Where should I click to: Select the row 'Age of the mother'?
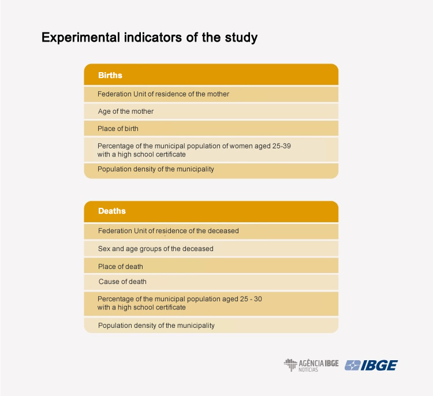coord(211,111)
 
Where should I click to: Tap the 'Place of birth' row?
coord(211,128)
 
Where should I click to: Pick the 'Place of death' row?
coord(211,266)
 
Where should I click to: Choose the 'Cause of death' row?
coord(211,282)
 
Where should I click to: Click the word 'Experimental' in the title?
coord(81,38)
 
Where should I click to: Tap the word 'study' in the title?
coord(241,38)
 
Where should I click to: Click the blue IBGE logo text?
coord(379,365)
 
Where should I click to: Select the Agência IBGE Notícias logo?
coord(311,365)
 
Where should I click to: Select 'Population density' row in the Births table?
coord(211,170)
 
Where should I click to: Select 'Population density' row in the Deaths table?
coord(211,326)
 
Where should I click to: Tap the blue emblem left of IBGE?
coord(352,365)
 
